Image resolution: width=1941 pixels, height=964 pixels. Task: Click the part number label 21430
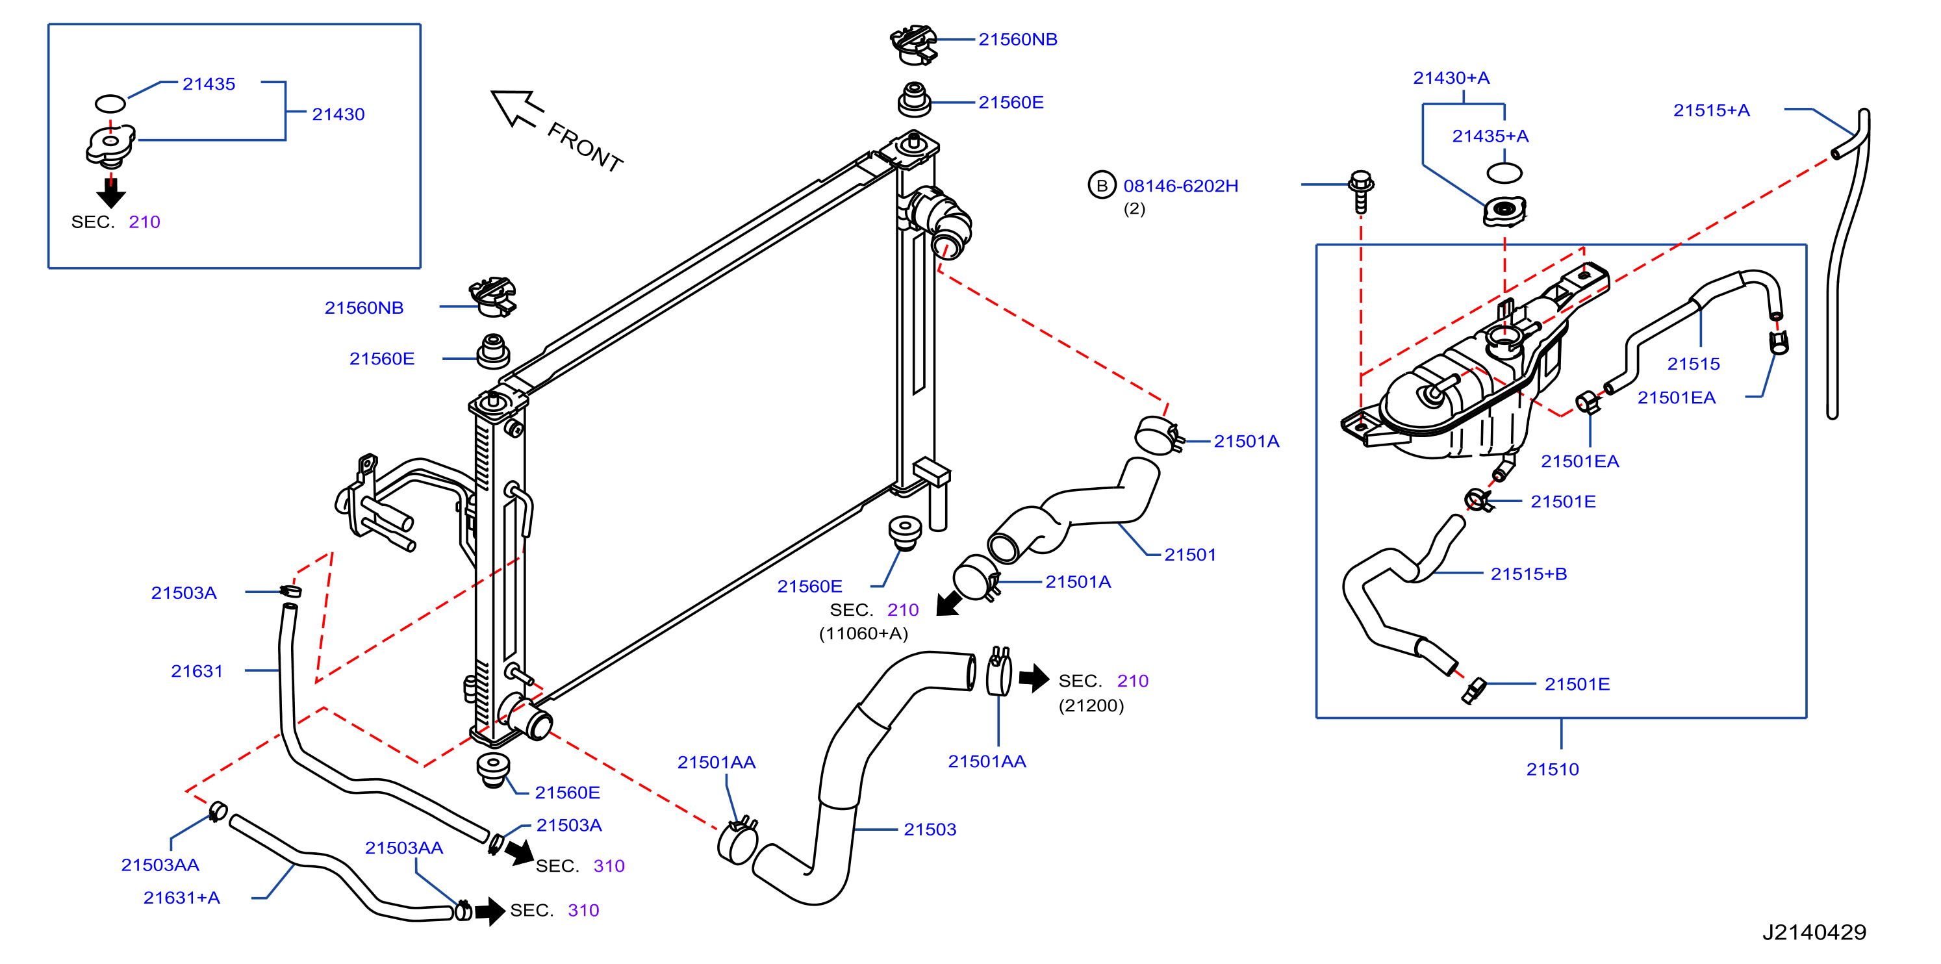[x=338, y=114]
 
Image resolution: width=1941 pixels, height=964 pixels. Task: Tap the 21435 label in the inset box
[x=209, y=84]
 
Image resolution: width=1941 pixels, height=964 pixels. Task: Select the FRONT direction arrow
[x=517, y=109]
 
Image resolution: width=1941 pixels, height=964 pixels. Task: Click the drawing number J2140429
[x=1814, y=932]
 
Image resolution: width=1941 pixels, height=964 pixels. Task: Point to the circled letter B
[x=1102, y=185]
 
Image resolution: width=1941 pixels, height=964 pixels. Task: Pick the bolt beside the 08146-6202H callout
[x=1361, y=192]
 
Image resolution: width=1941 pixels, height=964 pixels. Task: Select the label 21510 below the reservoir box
[x=1552, y=770]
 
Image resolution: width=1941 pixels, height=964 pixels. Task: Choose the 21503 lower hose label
[x=930, y=830]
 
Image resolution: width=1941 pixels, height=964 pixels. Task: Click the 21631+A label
[x=182, y=898]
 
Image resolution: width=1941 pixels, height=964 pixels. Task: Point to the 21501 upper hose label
[x=1190, y=555]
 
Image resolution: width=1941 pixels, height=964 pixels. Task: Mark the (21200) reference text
[x=1091, y=705]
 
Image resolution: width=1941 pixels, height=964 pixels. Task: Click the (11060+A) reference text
[x=863, y=633]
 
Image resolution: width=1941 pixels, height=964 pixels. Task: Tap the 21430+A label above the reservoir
[x=1451, y=78]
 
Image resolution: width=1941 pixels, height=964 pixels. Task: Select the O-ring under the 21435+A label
[x=1504, y=173]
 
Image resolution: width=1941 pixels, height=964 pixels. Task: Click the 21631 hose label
[x=197, y=671]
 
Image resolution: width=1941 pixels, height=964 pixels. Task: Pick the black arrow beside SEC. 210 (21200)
[x=1033, y=678]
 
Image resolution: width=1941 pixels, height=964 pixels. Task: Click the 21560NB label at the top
[x=1017, y=39]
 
